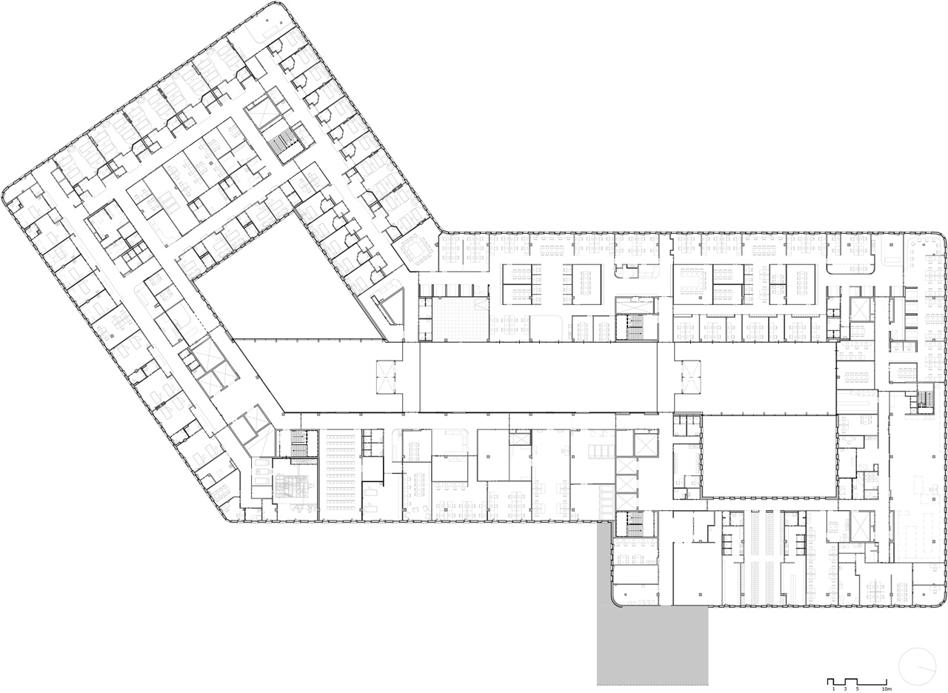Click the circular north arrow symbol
917,665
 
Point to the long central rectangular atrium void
538,377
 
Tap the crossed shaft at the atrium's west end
384,377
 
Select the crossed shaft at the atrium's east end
691,377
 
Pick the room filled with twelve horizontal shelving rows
340,473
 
